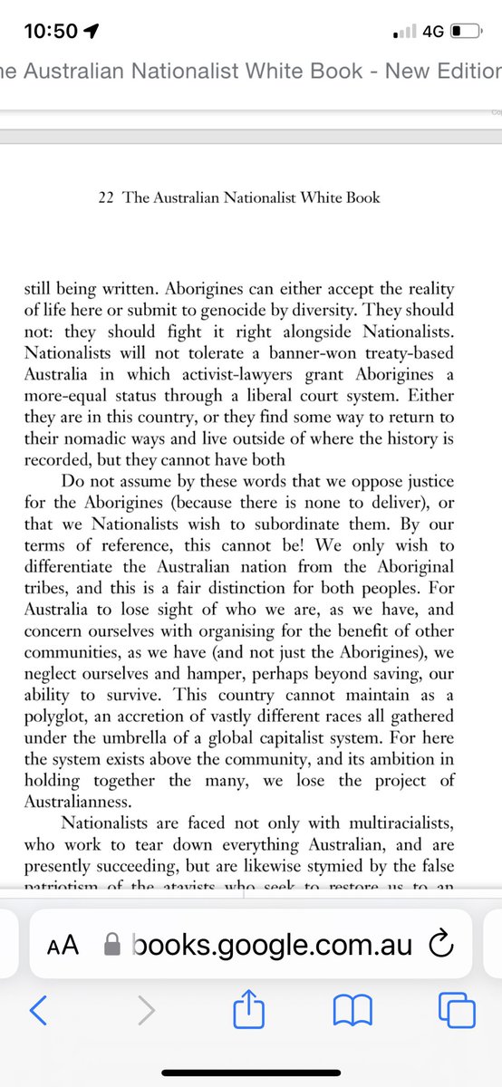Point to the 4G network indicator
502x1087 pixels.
pos(432,31)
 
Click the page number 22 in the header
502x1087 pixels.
pos(106,197)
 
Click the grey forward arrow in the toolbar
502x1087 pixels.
pos(146,1009)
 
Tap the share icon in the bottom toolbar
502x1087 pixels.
pos(247,1007)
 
